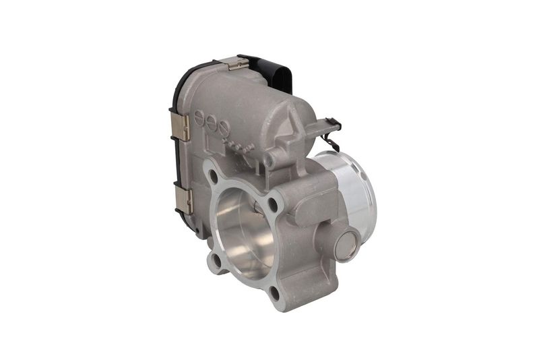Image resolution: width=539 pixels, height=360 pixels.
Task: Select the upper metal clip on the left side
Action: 179,126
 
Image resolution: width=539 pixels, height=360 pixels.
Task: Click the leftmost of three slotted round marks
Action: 199,118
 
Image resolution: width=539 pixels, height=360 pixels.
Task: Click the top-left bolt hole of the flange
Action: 213,177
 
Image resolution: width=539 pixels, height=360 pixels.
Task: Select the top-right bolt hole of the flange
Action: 272,202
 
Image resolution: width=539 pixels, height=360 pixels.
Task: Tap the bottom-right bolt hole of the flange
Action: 274,293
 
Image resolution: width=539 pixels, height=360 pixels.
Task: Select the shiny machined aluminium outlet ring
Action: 350,189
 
